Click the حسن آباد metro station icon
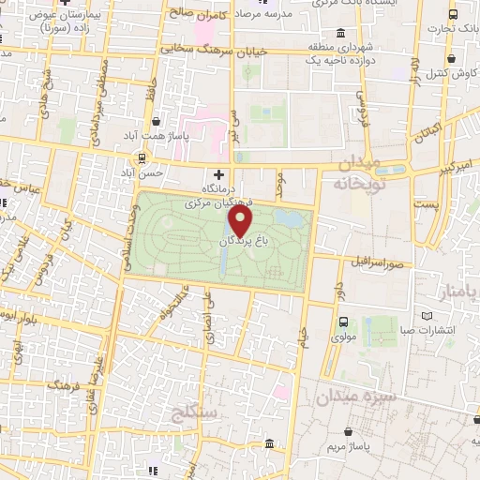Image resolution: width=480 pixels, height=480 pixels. coord(142,157)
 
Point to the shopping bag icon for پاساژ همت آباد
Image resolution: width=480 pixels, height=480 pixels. coord(156,122)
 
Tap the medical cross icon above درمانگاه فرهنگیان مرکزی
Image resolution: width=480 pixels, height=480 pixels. coord(218,173)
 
